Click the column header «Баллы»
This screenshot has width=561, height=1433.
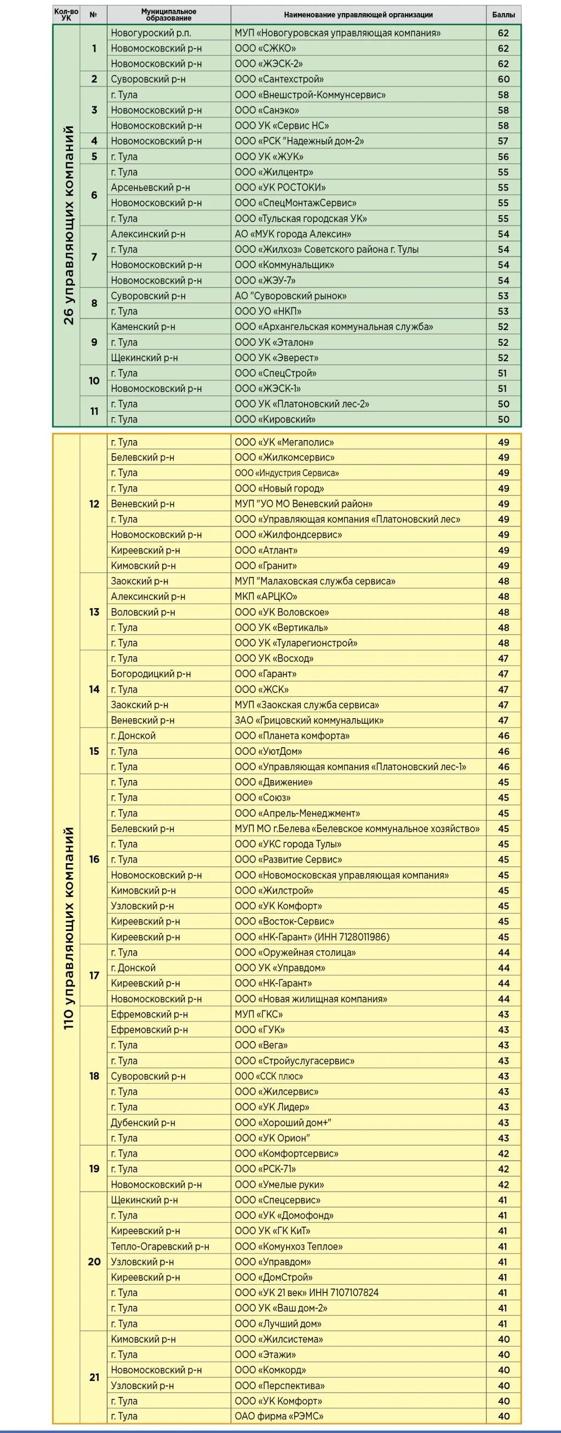click(503, 15)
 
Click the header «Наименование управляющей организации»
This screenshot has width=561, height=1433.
click(358, 15)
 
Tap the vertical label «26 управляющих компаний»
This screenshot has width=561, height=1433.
click(68, 225)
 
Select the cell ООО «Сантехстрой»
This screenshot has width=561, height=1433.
click(279, 79)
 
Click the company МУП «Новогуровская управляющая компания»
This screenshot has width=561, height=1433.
click(337, 33)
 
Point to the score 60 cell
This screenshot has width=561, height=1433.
click(503, 79)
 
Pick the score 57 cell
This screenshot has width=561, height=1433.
click(503, 141)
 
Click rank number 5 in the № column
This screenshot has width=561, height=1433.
click(94, 157)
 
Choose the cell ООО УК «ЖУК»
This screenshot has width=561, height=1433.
click(269, 157)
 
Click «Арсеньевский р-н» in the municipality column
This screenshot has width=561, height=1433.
click(150, 187)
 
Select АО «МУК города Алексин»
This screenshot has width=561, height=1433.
click(293, 234)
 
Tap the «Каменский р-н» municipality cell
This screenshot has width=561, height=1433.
click(143, 327)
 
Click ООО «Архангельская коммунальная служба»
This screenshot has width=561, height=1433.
click(334, 327)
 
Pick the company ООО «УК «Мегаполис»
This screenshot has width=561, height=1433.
click(284, 442)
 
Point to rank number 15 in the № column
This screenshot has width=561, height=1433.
click(94, 751)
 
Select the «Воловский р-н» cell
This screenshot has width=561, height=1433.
click(143, 612)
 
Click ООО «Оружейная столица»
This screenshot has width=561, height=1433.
click(295, 952)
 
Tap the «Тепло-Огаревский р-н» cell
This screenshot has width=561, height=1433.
click(160, 1246)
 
